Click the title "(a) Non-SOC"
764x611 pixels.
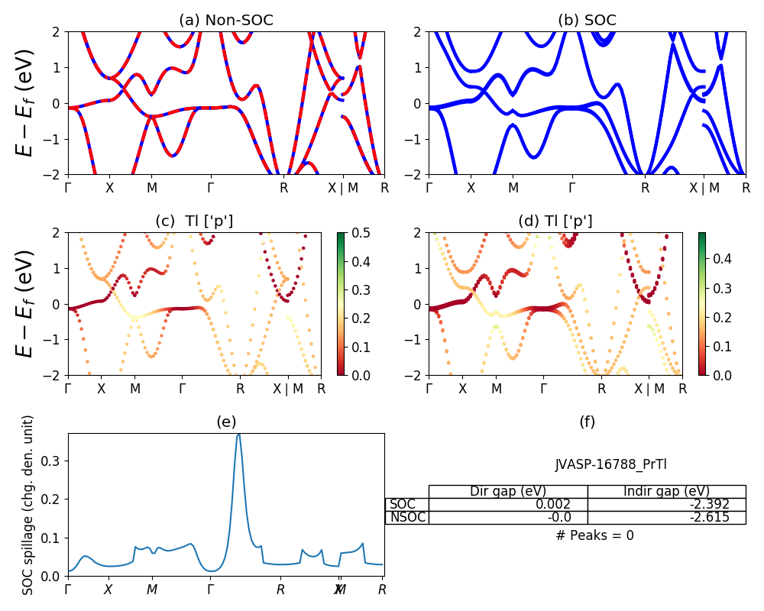click(225, 21)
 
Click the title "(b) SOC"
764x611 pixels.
click(587, 21)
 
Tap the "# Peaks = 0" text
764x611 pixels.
click(594, 535)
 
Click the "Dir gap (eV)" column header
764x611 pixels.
click(508, 491)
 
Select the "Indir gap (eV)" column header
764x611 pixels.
click(666, 491)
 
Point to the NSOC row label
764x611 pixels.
click(406, 517)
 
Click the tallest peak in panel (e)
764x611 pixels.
click(238, 435)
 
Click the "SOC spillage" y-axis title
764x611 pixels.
click(28, 505)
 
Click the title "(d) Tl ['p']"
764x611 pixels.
click(555, 221)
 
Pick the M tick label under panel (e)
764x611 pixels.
click(152, 590)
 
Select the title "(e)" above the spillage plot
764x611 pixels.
click(225, 422)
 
